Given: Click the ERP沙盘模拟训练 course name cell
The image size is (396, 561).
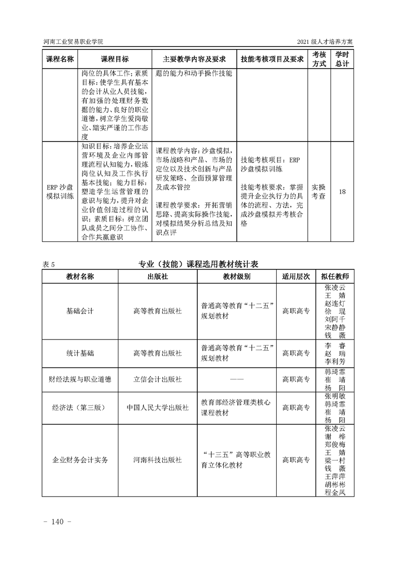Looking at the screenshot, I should coord(60,191).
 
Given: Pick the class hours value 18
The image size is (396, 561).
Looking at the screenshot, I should coord(343,191).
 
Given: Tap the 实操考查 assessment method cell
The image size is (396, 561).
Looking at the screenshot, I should coord(319,191).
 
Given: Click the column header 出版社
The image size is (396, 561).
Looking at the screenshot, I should coord(157,276).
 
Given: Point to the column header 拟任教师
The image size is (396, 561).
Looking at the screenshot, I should coord(335,276).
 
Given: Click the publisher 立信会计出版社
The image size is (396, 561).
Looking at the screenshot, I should coord(157,379).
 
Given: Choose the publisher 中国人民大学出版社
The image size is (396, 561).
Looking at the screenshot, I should coord(157,408).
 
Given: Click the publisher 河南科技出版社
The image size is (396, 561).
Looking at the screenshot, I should coord(157,460).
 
